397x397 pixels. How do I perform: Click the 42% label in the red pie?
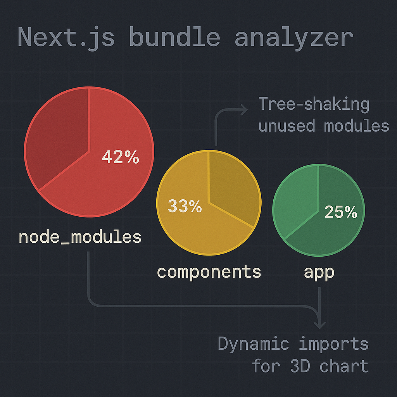(120, 157)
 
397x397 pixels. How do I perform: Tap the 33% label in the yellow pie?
(185, 206)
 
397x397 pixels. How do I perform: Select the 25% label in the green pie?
(340, 212)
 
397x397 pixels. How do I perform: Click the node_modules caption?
(80, 237)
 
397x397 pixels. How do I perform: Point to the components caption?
(209, 272)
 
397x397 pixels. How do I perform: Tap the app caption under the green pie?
(319, 272)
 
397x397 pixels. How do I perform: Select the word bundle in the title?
(174, 38)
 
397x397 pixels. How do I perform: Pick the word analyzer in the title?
(293, 38)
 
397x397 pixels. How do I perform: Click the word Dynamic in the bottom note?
(253, 343)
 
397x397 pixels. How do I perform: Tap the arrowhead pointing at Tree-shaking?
(244, 110)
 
